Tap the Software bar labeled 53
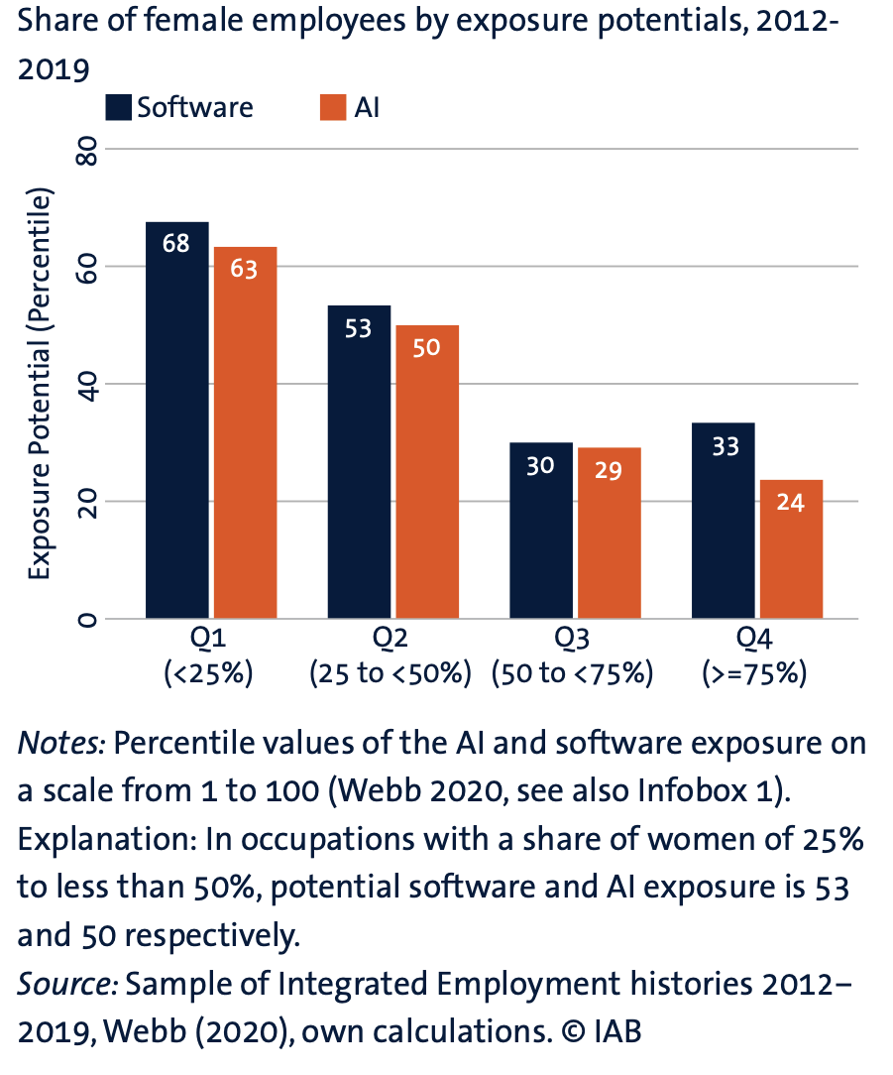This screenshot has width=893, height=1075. pyautogui.click(x=359, y=461)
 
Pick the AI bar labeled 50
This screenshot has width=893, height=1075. pyautogui.click(x=427, y=471)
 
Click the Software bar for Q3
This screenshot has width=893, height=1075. pyautogui.click(x=541, y=531)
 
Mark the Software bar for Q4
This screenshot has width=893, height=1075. pyautogui.click(x=724, y=521)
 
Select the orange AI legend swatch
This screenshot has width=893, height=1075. pyautogui.click(x=332, y=107)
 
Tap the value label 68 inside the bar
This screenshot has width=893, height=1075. pyautogui.click(x=176, y=243)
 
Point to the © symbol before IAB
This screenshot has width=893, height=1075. pyautogui.click(x=572, y=1031)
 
